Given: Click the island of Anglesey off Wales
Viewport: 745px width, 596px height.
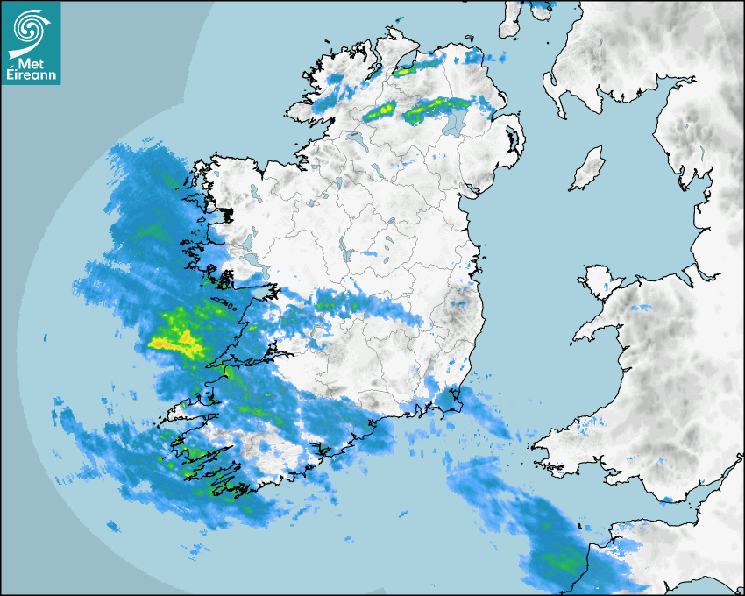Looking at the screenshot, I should point(600,280).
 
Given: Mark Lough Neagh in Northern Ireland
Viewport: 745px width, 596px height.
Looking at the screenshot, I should point(454,121).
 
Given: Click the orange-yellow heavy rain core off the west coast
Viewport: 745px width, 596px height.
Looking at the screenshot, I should point(171,342).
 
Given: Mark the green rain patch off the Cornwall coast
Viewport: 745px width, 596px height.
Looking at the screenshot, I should point(561,561).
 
